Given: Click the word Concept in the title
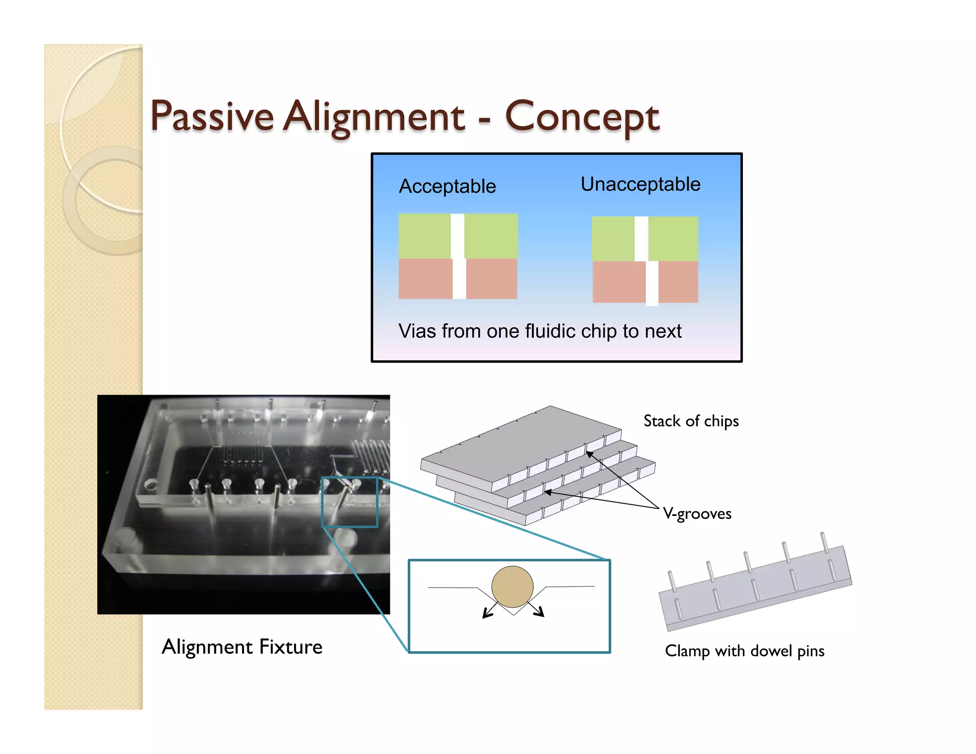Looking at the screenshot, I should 582,117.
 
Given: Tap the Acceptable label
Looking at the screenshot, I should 447,186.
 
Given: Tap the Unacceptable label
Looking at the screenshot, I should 640,184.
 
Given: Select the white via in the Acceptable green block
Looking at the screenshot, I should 457,236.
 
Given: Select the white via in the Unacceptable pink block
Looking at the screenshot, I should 652,282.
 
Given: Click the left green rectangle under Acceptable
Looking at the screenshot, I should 424,236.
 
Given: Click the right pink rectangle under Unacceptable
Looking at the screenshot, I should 678,282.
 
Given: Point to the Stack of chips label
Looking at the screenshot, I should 691,421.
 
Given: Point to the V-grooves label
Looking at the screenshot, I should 697,513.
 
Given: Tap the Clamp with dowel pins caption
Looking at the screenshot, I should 744,651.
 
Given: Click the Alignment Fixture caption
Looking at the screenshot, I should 242,647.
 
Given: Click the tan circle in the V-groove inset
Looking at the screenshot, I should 512,587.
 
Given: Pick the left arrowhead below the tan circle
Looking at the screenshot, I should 486,614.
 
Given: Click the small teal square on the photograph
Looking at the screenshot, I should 350,502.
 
